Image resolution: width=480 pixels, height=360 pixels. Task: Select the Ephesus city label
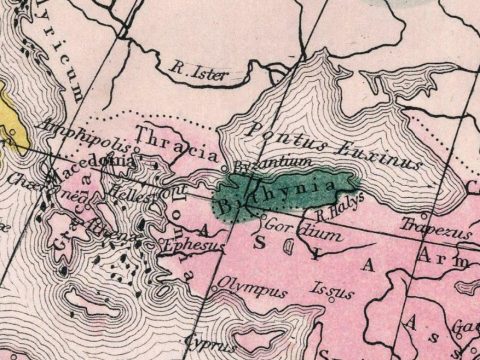[187, 242]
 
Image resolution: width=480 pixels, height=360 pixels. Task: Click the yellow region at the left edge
[8, 110]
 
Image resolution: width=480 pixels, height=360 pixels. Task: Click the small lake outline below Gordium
[289, 250]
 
